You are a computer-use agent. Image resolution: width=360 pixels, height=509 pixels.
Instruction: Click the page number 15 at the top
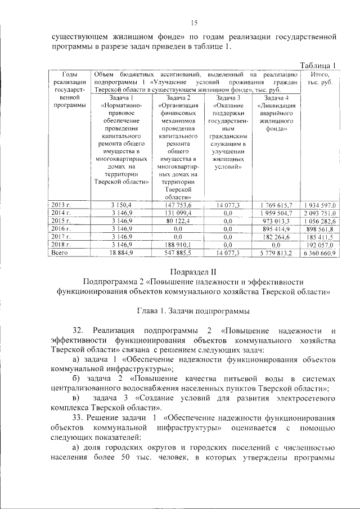pos(195,22)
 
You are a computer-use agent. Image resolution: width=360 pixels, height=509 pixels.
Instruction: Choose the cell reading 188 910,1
pos(178,245)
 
